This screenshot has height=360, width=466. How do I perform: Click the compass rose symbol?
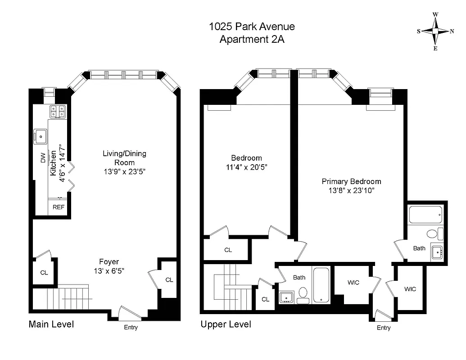pos(435,31)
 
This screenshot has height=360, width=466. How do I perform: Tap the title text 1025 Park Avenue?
pos(252,26)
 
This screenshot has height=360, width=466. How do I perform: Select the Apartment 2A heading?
pos(252,39)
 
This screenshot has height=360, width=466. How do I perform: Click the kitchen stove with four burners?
pos(58,111)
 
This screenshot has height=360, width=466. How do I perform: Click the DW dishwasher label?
pos(43,158)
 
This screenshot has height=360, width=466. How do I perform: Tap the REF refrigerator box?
pos(59,207)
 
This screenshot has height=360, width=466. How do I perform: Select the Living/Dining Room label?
pos(124,158)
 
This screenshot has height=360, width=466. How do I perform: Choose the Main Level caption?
pos(51,324)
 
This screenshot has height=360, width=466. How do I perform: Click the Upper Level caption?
pos(226,324)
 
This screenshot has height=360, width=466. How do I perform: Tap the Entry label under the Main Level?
pos(131,327)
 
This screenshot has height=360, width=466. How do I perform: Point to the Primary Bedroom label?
pos(351,181)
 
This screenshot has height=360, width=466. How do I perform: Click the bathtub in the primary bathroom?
pos(426,215)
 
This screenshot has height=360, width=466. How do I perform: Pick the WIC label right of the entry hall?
pos(410,289)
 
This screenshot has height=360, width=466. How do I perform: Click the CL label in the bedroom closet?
pos(228,250)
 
